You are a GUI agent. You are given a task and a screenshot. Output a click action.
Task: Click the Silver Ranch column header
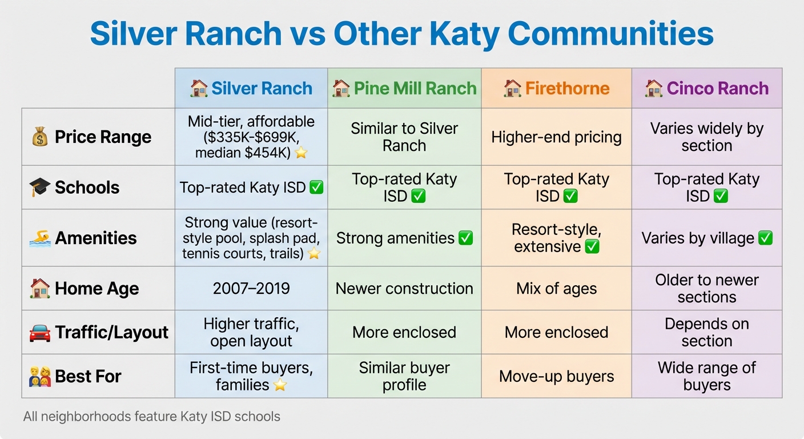click(x=251, y=89)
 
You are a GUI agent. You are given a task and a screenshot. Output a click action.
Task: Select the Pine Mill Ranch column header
click(x=404, y=89)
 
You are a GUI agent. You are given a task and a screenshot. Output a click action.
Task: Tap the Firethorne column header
click(x=557, y=89)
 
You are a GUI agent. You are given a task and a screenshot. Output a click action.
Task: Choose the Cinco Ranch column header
click(x=707, y=89)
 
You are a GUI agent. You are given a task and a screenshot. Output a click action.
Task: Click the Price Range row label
click(x=103, y=137)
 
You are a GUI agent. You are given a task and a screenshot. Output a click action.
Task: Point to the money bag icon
click(x=40, y=137)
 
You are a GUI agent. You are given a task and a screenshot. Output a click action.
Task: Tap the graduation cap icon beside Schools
click(x=40, y=187)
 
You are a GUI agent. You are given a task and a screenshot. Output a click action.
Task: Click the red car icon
click(x=40, y=333)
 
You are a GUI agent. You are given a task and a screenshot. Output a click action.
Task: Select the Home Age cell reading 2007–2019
click(x=251, y=289)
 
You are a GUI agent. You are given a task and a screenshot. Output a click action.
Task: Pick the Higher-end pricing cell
click(x=557, y=137)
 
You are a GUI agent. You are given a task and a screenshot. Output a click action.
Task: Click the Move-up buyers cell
click(x=557, y=376)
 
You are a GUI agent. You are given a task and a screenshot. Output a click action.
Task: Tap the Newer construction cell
click(x=404, y=289)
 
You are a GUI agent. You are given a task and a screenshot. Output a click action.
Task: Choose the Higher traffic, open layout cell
click(x=251, y=333)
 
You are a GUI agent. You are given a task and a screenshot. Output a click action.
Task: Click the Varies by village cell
click(x=707, y=238)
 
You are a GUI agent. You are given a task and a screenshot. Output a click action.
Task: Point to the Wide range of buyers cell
click(x=707, y=376)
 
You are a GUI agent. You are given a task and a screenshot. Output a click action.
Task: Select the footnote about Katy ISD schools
click(x=152, y=417)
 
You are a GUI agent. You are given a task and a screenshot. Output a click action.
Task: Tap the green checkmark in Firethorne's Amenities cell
click(x=592, y=247)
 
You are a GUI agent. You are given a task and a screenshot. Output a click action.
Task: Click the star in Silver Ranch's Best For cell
click(x=280, y=385)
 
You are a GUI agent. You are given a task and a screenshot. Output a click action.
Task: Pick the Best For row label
click(x=88, y=377)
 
